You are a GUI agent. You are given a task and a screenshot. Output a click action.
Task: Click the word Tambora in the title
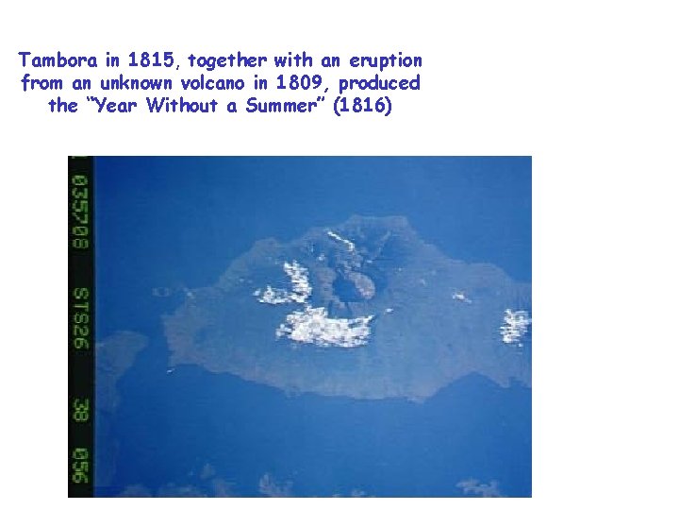pos(58,60)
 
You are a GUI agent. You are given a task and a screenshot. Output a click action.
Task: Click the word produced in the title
pos(384,83)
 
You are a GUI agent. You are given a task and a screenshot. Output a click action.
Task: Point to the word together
pos(229,60)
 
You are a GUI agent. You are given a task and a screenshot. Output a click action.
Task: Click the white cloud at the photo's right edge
pos(515,326)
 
